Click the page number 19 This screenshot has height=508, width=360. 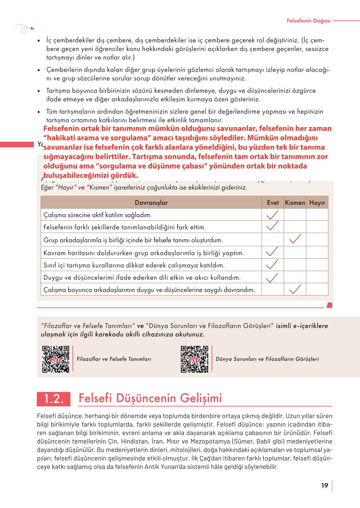click(324, 486)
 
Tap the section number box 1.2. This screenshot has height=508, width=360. click(53, 399)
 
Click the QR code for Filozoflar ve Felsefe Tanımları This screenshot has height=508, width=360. click(56, 359)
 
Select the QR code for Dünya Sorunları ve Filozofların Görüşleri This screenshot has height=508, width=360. click(194, 359)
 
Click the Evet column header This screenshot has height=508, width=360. click(273, 203)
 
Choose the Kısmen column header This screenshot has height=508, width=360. click(295, 203)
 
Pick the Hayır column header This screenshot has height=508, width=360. click(317, 203)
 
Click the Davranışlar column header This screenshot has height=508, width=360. click(151, 203)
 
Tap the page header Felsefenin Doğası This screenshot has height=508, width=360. click(309, 21)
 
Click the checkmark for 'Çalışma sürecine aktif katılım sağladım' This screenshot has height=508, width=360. click(272, 215)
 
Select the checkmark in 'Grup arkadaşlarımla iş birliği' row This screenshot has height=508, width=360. click(295, 239)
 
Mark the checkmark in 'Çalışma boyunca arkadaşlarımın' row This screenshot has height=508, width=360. click(295, 289)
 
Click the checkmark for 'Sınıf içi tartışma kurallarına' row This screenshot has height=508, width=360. click(272, 265)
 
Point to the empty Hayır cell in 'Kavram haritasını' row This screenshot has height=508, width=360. click(317, 253)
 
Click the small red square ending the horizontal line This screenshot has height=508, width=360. click(329, 305)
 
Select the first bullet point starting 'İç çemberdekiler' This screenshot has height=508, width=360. click(39, 41)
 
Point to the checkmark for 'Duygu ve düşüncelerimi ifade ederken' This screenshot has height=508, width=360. click(272, 277)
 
